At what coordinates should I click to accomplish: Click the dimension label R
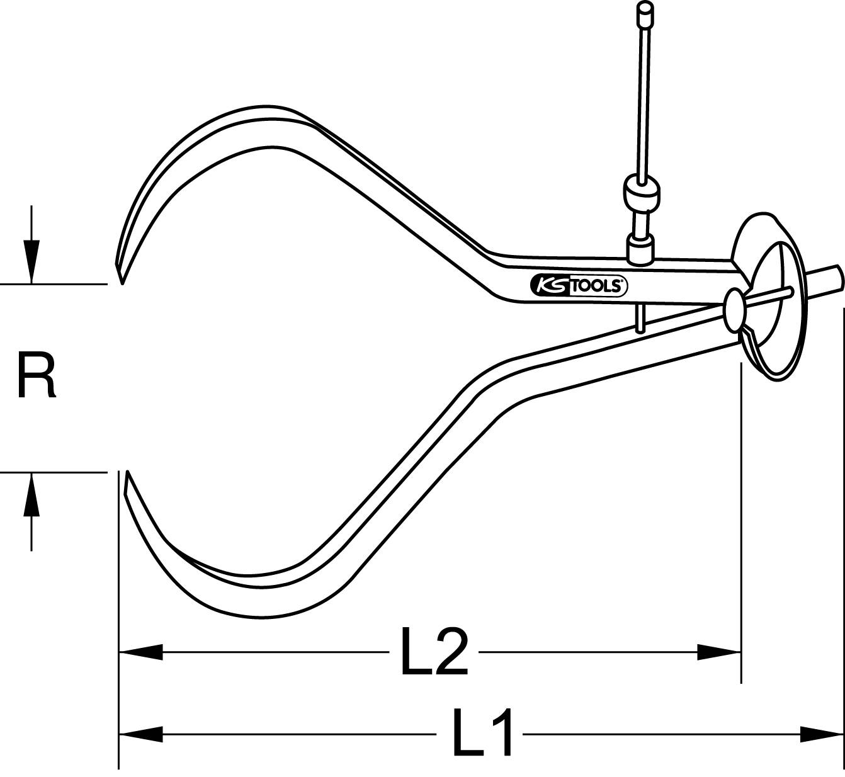pos(36,376)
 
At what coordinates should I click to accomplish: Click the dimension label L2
pos(434,652)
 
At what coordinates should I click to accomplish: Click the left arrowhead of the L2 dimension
pos(141,652)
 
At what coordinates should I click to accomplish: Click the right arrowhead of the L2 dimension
pos(718,652)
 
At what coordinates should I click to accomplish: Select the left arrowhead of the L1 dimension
pos(141,734)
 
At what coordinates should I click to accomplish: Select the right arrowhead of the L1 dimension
pos(821,734)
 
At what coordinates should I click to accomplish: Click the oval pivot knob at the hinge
pos(734,307)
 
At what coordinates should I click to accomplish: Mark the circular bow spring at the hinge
pos(771,296)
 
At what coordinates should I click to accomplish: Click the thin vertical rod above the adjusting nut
pos(645,101)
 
